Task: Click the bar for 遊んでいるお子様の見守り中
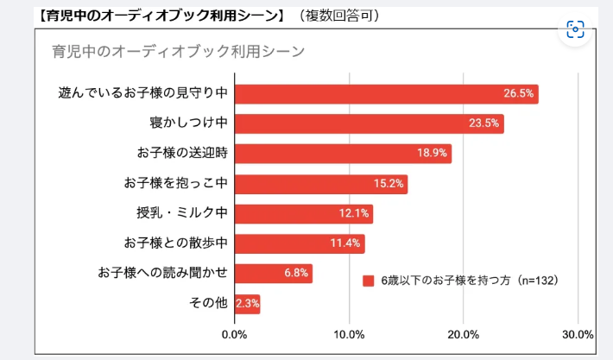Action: coord(386,94)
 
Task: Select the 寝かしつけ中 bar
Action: coord(369,123)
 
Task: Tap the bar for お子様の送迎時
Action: coord(343,154)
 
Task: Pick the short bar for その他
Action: coord(248,304)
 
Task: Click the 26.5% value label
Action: coord(519,94)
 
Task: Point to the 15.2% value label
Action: coord(389,184)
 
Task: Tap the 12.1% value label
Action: coord(354,213)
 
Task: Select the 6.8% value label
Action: coord(297,274)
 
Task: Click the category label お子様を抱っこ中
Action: coord(175,184)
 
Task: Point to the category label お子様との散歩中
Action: coord(175,243)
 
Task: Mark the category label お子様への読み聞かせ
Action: coord(162,274)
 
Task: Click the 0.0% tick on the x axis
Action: coord(235,334)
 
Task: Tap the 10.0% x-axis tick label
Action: coord(349,334)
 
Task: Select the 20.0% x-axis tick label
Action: coord(464,334)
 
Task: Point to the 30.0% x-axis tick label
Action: coord(577,334)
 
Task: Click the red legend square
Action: coord(369,281)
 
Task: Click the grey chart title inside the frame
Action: coord(178,51)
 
